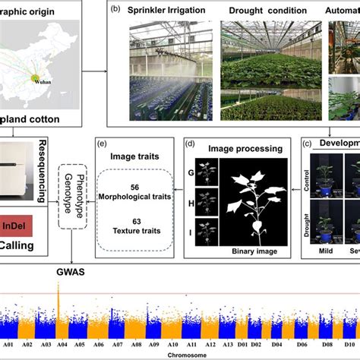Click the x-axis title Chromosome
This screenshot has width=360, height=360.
click(181, 354)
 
